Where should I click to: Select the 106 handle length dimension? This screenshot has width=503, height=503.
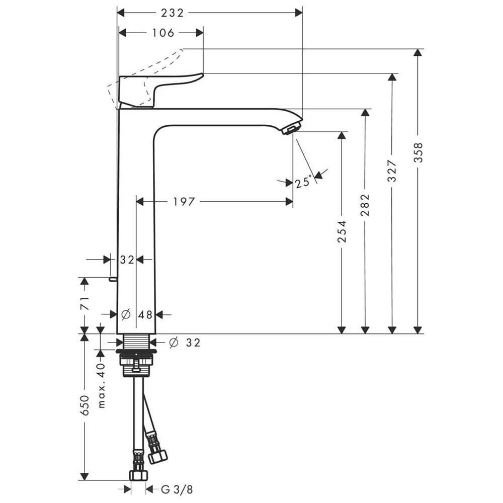[162, 33]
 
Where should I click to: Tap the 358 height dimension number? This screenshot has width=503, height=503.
[418, 152]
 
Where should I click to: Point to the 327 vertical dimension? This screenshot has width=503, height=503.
[392, 171]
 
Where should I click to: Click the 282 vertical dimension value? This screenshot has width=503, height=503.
[366, 205]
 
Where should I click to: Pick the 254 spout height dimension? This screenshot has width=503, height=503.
[342, 231]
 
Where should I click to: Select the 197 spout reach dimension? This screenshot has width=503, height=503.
[184, 202]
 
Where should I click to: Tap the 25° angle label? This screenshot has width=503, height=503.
[304, 182]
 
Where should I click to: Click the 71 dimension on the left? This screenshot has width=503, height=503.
[85, 304]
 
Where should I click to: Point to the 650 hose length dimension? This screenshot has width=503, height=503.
[85, 405]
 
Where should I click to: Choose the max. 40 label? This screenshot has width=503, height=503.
[101, 385]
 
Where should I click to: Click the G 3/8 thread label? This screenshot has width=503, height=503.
[177, 489]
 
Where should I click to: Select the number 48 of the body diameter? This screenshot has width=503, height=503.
[145, 315]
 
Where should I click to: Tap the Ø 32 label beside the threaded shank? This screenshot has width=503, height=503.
[184, 343]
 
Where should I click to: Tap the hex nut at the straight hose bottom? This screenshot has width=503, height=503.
[138, 474]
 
